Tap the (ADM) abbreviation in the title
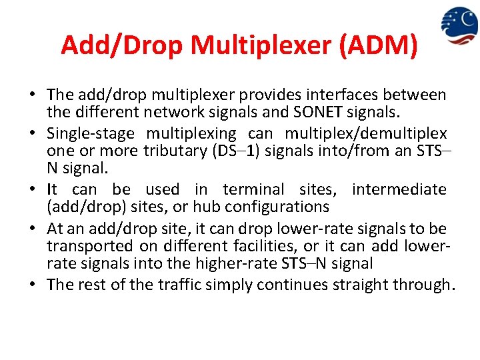[379, 45]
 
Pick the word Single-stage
[91, 134]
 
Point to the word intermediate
[399, 189]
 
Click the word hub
[208, 206]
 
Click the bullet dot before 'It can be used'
[35, 190]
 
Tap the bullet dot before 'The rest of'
[35, 285]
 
